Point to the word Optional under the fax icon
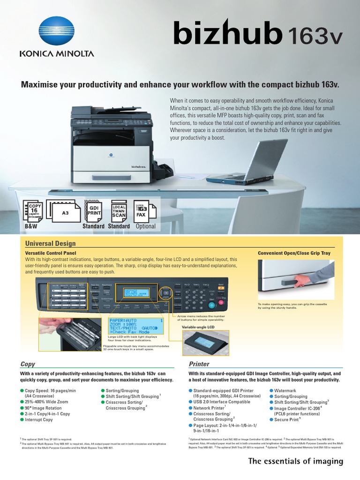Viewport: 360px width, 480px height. click(x=145, y=226)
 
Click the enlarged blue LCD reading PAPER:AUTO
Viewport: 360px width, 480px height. click(x=136, y=326)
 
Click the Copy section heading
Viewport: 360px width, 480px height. click(x=28, y=364)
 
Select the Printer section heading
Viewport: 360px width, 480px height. click(x=199, y=364)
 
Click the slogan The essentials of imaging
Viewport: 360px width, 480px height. click(x=296, y=462)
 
